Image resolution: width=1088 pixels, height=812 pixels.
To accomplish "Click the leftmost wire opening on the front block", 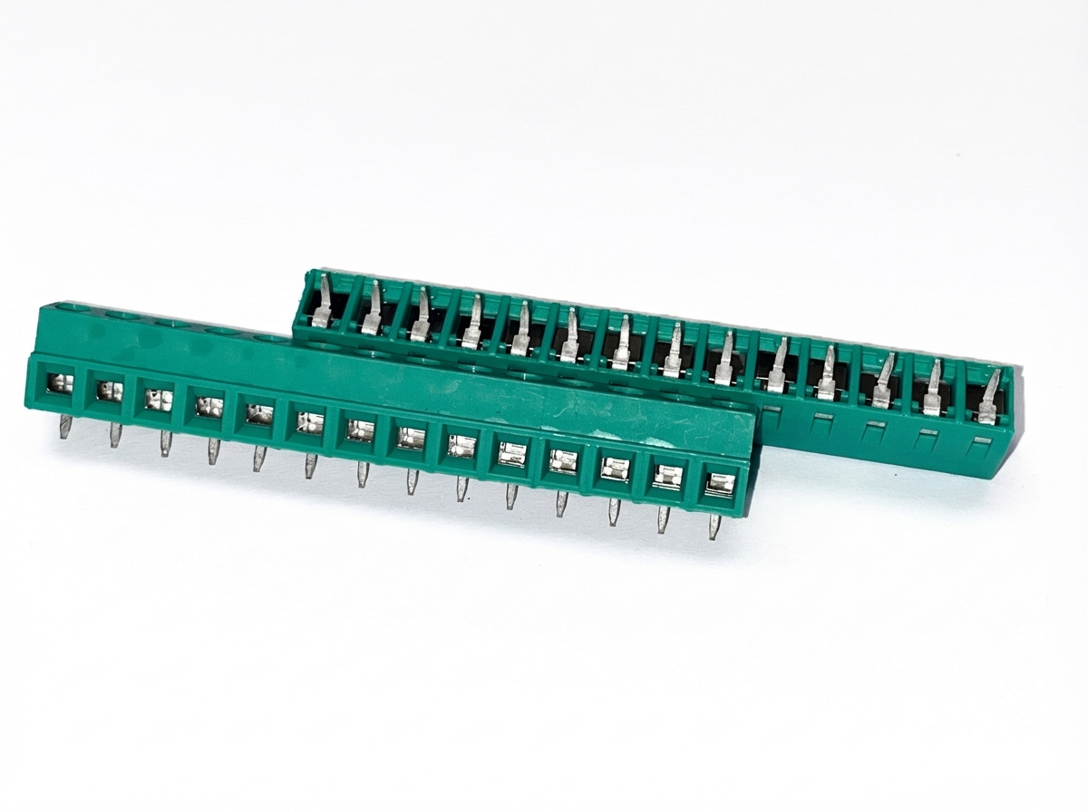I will click(x=60, y=382).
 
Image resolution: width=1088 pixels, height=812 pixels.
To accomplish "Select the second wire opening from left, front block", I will click(x=109, y=391).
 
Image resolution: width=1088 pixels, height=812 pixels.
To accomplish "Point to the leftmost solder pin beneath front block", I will click(x=65, y=427).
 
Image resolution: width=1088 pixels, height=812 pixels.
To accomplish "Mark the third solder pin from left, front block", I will click(x=165, y=443).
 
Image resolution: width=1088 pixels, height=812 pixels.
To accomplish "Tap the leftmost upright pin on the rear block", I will click(x=322, y=303).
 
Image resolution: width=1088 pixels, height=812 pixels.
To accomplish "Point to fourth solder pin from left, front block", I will click(x=213, y=450).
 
